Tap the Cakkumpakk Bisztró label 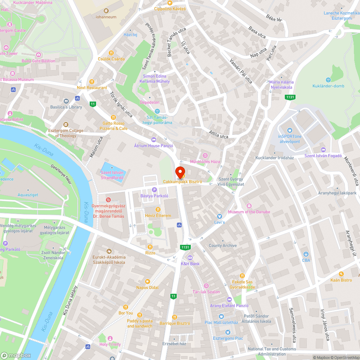click(x=183, y=181)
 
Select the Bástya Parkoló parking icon click(x=154, y=189)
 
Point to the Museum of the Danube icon click(x=249, y=206)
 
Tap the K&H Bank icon click(x=190, y=257)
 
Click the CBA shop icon click(x=306, y=254)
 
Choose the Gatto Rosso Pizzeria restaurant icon click(x=113, y=117)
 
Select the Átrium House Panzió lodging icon click(x=154, y=139)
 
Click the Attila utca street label click(x=219, y=135)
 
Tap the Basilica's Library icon click(x=66, y=101)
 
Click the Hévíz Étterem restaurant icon click(x=157, y=210)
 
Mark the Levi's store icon click(x=219, y=216)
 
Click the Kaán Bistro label click(x=341, y=280)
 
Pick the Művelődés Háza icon click(x=205, y=155)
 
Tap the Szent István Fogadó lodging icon click(x=323, y=150)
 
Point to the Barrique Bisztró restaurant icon click(x=175, y=317)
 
